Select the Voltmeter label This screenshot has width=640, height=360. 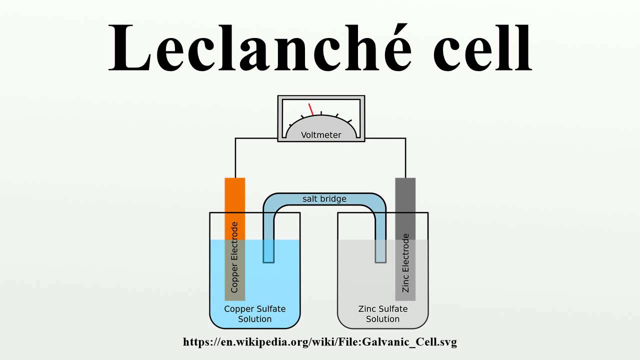pyautogui.click(x=321, y=135)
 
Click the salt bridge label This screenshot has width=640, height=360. pyautogui.click(x=324, y=199)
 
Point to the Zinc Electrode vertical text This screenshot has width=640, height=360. pyautogui.click(x=405, y=262)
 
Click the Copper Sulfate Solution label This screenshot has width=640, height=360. pyautogui.click(x=255, y=314)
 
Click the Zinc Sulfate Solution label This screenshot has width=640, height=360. pyautogui.click(x=383, y=314)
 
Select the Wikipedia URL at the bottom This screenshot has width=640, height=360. pyautogui.click(x=320, y=342)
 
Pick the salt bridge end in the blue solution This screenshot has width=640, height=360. pyautogui.click(x=268, y=252)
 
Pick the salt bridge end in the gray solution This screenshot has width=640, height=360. pyautogui.click(x=381, y=252)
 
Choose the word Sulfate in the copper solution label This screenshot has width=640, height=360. pyautogui.click(x=271, y=309)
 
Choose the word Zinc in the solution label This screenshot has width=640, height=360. pyautogui.click(x=368, y=309)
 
